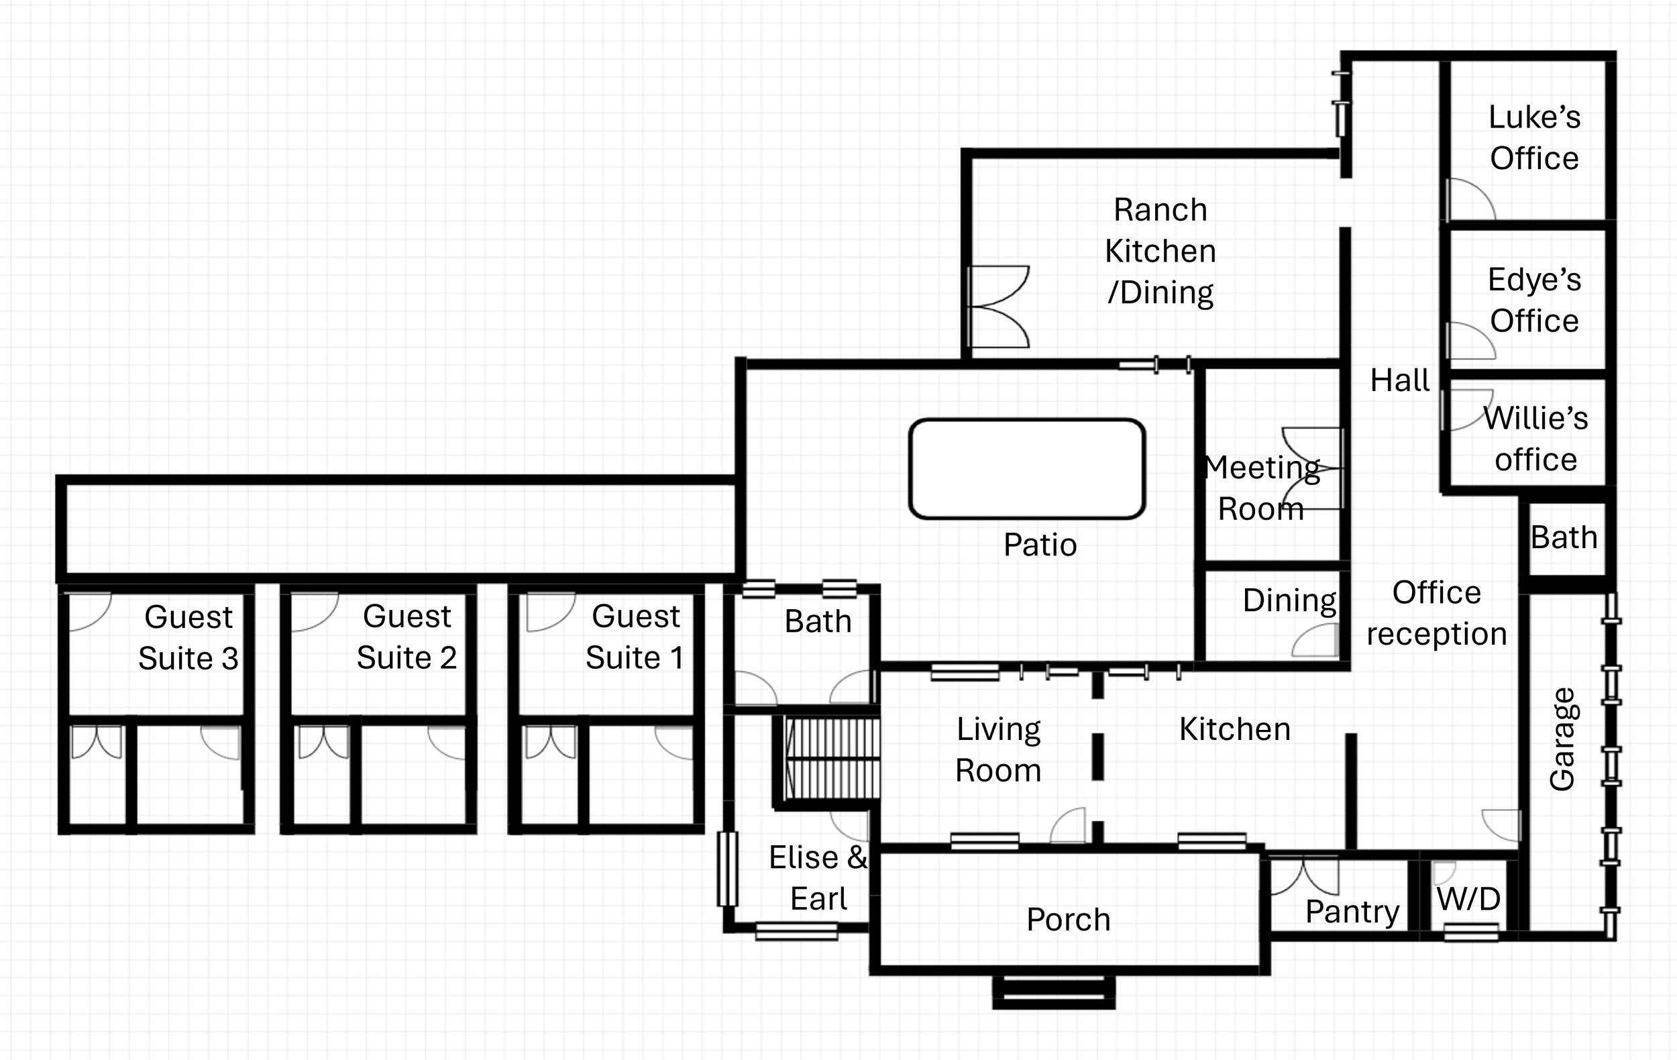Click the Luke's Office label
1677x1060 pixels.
[x=1534, y=138]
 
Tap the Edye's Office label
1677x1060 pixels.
[x=1534, y=300]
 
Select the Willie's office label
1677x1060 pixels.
[x=1535, y=439]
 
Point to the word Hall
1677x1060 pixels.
[x=1400, y=380]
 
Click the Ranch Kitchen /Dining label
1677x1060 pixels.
[x=1160, y=252]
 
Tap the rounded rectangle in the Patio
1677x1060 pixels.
[x=1027, y=469]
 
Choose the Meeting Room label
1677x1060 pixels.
[x=1261, y=488]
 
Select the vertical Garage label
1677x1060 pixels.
[x=1562, y=739]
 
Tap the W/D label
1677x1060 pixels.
[x=1469, y=899]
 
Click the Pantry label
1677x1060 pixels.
[x=1352, y=912]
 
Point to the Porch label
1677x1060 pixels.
[x=1069, y=919]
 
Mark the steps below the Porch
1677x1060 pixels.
[x=1054, y=992]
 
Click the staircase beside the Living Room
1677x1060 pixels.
[x=830, y=759]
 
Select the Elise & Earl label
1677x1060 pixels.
[x=818, y=878]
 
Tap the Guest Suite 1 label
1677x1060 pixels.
[x=635, y=637]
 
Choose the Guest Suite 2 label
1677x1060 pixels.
[x=407, y=637]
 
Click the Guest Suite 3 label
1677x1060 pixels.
[x=188, y=637]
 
